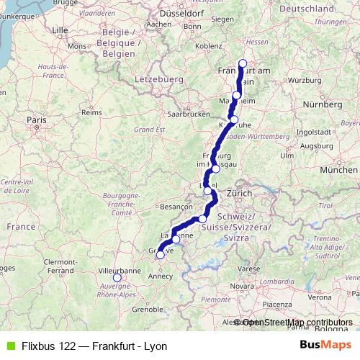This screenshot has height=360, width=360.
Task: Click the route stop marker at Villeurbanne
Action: (117, 278)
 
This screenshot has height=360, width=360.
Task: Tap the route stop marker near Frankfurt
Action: (243, 63)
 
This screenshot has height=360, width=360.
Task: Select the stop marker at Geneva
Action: (160, 253)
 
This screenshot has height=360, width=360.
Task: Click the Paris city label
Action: (36, 120)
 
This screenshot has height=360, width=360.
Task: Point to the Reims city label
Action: (91, 113)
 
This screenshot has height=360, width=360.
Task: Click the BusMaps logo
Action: (325, 344)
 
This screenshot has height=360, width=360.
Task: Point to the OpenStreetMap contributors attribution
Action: (297, 323)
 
